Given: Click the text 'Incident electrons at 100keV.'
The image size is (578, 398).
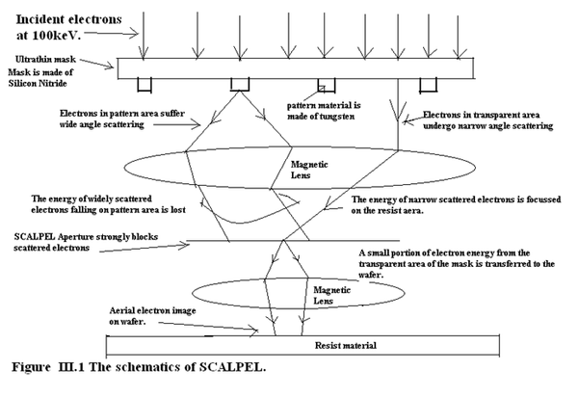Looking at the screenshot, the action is pos(68,27).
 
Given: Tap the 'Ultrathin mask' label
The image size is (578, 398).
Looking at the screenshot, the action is pos(45,60).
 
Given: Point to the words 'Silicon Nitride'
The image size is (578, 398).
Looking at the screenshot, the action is pos(38,84).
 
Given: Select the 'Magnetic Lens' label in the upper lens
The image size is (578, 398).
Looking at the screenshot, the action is pos(309,170).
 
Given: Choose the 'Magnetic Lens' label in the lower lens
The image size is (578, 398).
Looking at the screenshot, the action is pos(331,296).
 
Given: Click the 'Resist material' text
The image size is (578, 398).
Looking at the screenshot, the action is pos(346,346).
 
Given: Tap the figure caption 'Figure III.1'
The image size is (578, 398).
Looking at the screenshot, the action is pos(48,367).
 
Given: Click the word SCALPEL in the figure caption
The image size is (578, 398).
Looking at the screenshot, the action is pos(232,367).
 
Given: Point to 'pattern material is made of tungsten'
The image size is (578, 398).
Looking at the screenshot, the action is pos(324,111).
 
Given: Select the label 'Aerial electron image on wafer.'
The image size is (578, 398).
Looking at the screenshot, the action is pos(152,316).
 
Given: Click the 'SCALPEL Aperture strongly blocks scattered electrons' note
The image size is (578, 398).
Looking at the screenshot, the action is pos(86,242).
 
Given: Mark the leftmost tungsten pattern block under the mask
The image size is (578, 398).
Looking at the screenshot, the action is pos(144,85).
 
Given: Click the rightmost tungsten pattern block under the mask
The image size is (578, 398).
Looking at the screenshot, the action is pos(429,85).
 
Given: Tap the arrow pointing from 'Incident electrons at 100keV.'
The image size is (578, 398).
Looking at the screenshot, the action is pos(111,34).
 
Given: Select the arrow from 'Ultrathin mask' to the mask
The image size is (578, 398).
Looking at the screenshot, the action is pos(97,64).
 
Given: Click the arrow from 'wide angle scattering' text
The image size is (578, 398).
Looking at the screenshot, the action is pos(176,124).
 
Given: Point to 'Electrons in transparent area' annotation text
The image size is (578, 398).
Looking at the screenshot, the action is pos(481,115).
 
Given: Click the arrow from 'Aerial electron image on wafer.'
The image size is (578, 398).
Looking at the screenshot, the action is pos(208,328).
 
